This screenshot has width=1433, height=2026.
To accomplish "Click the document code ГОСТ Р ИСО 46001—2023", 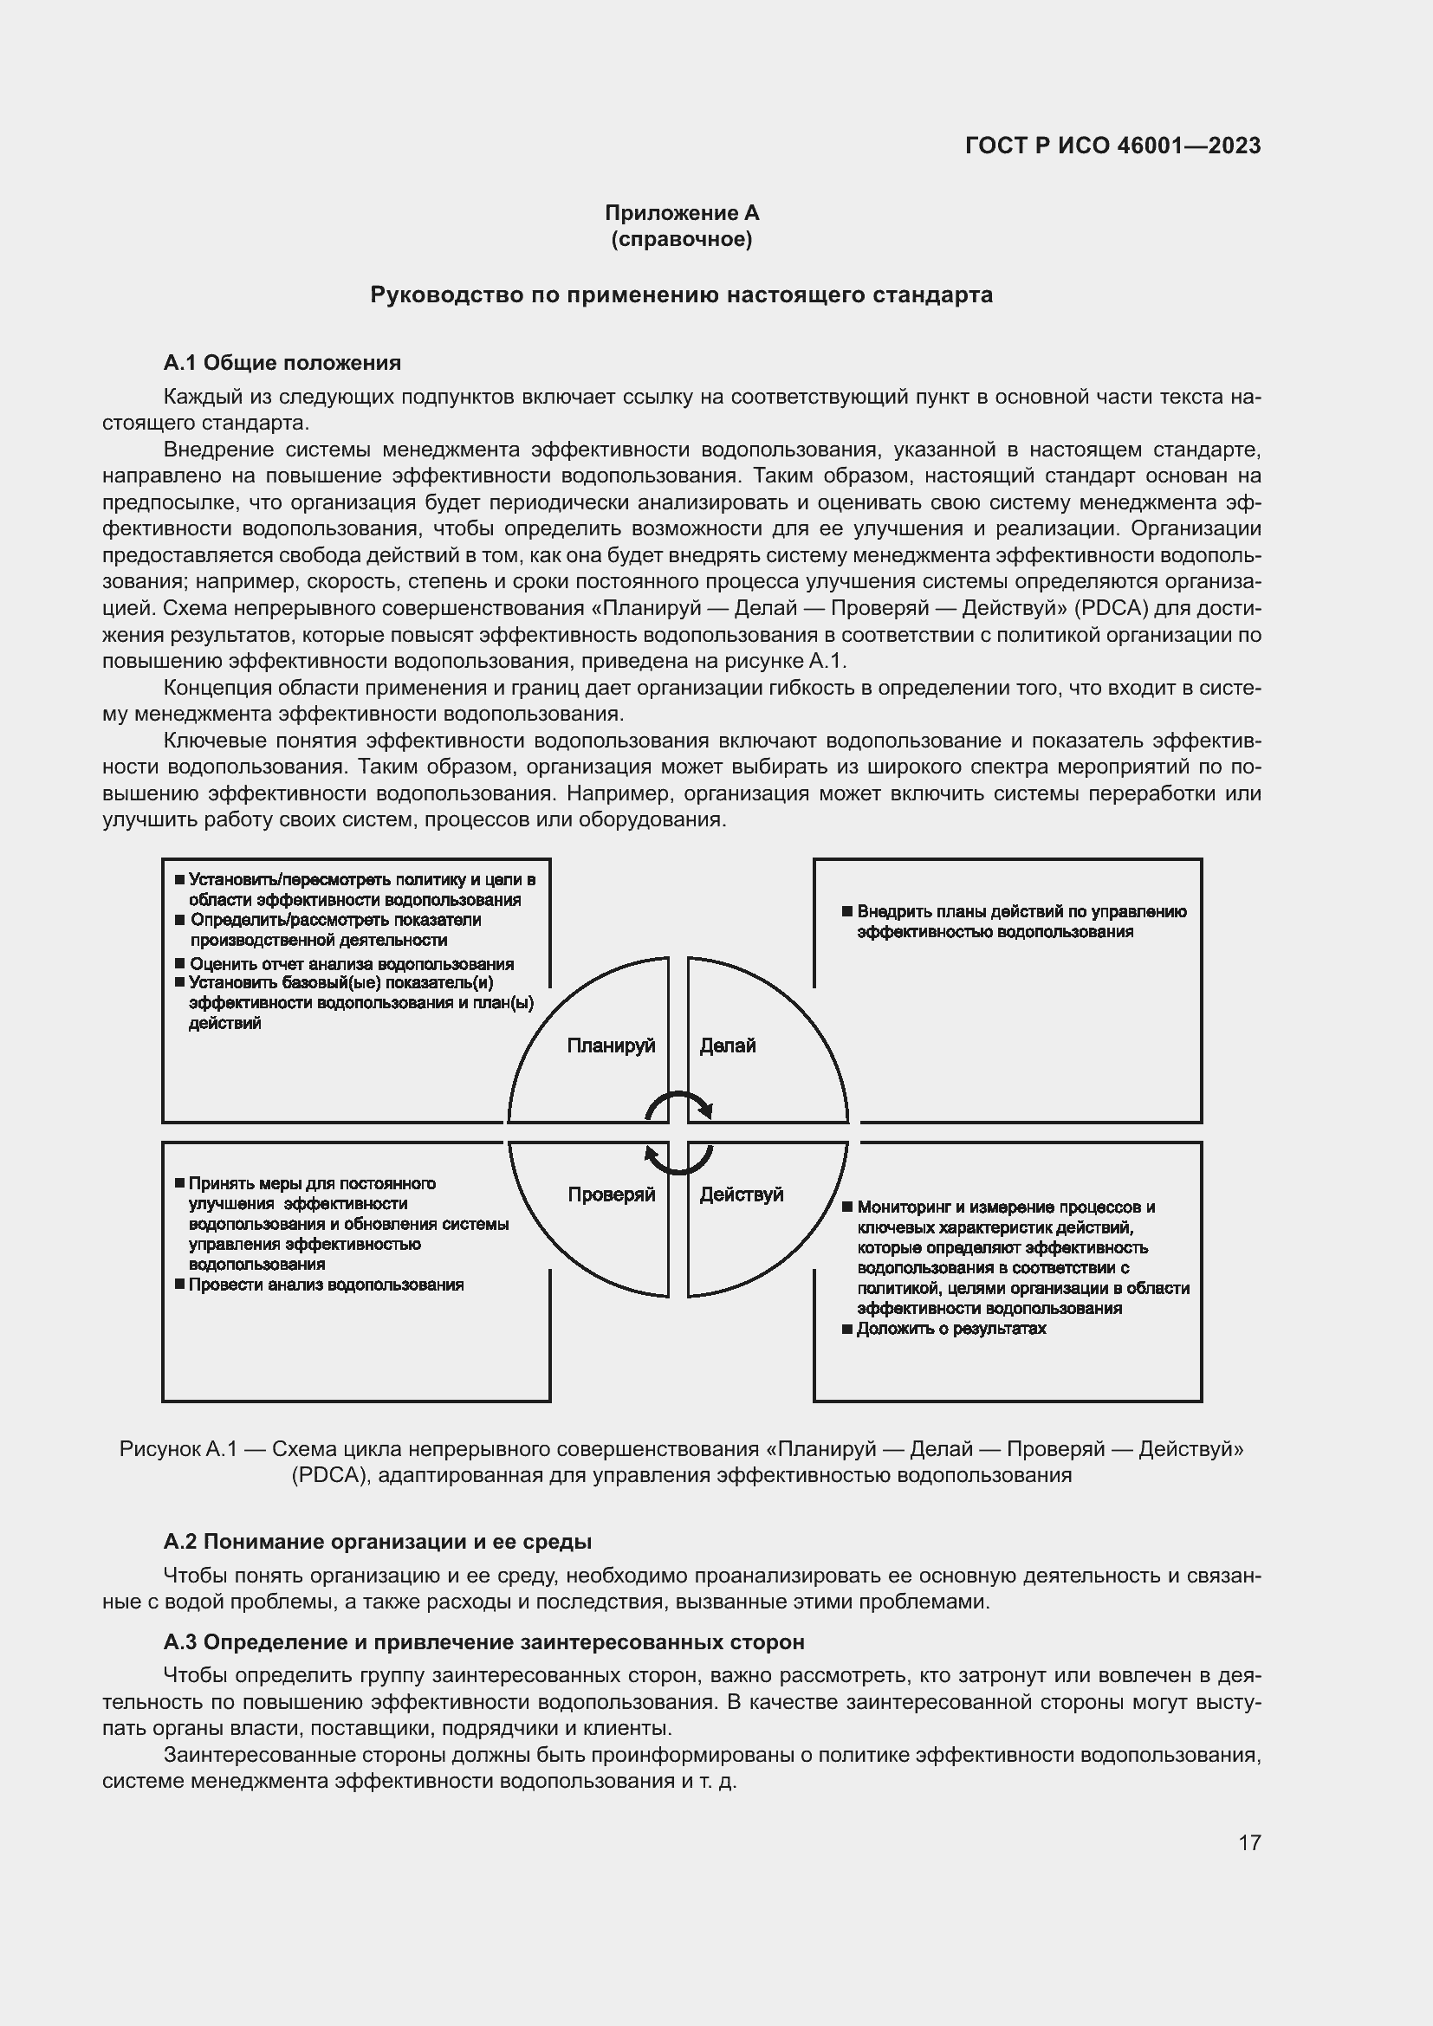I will [1112, 146].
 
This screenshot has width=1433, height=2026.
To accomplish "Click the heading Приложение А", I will [681, 213].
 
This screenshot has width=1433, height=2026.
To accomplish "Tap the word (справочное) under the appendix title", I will [681, 239].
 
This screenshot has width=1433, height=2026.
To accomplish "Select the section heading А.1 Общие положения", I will [282, 363].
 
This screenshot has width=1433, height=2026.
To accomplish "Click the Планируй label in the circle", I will [611, 1045].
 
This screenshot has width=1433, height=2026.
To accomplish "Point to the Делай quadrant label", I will [727, 1045].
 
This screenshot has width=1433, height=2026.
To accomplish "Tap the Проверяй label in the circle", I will [611, 1194].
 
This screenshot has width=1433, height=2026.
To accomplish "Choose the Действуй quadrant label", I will [742, 1194].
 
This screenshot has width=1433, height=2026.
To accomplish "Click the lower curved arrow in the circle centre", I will [678, 1162].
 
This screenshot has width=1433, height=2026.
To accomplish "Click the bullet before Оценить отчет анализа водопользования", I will [180, 963].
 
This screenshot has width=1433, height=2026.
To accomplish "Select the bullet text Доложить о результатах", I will [950, 1329].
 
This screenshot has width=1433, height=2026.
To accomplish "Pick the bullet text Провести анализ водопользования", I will [326, 1285].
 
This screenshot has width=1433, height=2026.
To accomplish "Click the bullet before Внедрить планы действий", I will [847, 910].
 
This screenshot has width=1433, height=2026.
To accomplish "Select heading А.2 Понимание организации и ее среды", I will [377, 1542].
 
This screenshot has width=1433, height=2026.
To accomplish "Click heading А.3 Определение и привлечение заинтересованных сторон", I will [483, 1642].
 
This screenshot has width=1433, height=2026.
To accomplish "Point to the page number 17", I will [1249, 1842].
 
